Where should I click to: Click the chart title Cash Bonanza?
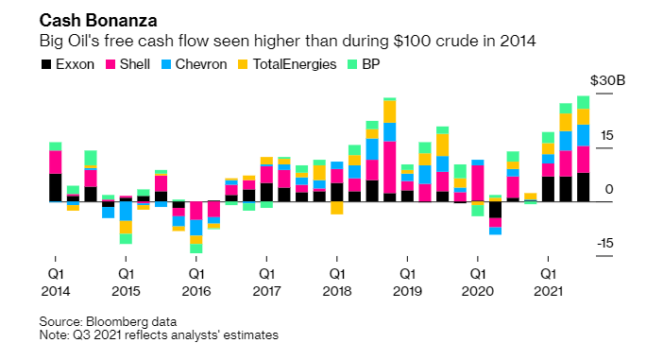[x=98, y=21]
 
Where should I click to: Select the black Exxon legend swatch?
[x=46, y=64]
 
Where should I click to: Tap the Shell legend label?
[x=135, y=64]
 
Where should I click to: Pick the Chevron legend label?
[x=201, y=64]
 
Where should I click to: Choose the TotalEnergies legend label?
[x=295, y=64]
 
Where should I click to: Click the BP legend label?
[x=371, y=64]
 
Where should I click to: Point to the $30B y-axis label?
[x=607, y=80]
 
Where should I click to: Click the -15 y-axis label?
[x=604, y=243]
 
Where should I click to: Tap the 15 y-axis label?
[x=606, y=136]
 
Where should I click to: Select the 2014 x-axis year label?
[x=56, y=291]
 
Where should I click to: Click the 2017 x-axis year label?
[x=266, y=291]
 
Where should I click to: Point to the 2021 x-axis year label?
[x=548, y=291]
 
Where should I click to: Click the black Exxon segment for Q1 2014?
[x=55, y=188]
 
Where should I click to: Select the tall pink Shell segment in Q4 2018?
[x=389, y=167]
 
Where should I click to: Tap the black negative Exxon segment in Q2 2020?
[x=495, y=210]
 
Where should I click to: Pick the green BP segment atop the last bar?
[x=583, y=102]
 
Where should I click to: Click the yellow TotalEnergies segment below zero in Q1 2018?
[x=337, y=208]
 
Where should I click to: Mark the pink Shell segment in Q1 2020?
[x=478, y=183]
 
